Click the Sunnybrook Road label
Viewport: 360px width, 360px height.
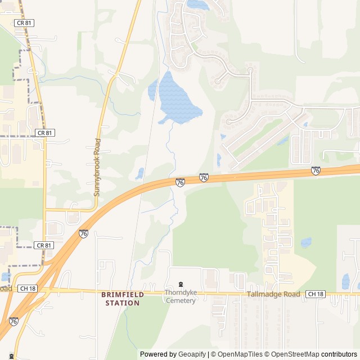coord(97,167)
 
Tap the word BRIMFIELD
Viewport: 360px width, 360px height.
coord(123,294)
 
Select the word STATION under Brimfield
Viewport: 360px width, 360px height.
coord(123,303)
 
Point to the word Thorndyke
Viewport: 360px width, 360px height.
coord(181,292)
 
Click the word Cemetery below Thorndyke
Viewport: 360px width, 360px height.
coord(181,300)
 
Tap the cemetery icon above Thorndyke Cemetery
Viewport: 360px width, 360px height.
coord(181,284)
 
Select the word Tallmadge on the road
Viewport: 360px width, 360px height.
coord(264,294)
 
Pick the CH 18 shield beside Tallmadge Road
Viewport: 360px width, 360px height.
coord(316,294)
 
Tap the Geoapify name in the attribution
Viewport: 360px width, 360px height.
coord(192,354)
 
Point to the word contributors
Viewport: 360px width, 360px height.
coord(339,354)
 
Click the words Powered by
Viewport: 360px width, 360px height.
coord(158,354)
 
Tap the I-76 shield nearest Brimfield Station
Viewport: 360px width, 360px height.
coord(83,233)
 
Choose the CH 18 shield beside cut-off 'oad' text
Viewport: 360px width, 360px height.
coord(27,289)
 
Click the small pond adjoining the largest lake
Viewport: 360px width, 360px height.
coord(152,90)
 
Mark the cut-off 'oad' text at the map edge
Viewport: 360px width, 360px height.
coord(6,289)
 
